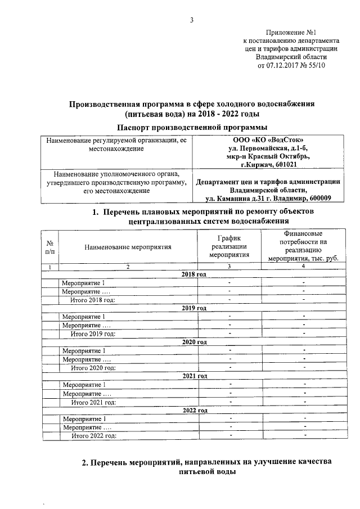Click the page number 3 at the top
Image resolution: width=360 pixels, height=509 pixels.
[x=191, y=21]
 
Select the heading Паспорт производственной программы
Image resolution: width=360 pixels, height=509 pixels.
[x=191, y=127]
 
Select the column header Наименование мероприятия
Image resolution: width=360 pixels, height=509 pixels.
[x=128, y=247]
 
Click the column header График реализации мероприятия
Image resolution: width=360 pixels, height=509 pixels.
[x=229, y=246]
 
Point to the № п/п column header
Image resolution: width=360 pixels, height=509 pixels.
[x=49, y=247]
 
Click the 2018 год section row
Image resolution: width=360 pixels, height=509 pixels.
[x=195, y=274]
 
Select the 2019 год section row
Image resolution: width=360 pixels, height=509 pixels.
[x=195, y=308]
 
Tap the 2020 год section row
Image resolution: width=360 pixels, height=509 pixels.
[x=195, y=343]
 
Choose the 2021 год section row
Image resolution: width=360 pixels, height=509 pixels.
[x=195, y=376]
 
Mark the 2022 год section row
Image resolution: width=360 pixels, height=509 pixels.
[x=195, y=411]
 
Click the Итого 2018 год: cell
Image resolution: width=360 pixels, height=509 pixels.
[x=92, y=300]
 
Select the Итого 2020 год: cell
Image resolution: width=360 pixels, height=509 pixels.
[x=93, y=368]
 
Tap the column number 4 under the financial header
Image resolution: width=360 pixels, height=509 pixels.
[x=303, y=265]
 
